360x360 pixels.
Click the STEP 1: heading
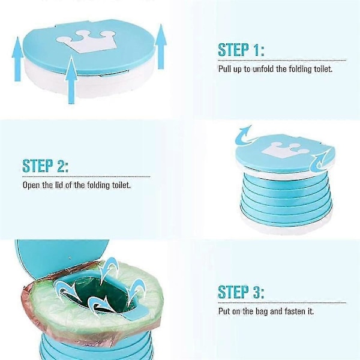pos(241,50)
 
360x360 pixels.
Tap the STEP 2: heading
pos(45,166)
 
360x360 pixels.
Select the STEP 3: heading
pos(241,292)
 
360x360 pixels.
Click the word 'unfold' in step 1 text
pos(263,69)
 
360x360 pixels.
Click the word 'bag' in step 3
pos(261,311)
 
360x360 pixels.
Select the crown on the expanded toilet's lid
pos(284,150)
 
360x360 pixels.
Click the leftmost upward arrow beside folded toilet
pos(17,59)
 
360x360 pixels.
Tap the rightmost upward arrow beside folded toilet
pos(161,47)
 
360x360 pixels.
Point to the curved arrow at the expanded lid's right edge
pos(320,163)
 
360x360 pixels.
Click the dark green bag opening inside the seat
pos(99,295)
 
